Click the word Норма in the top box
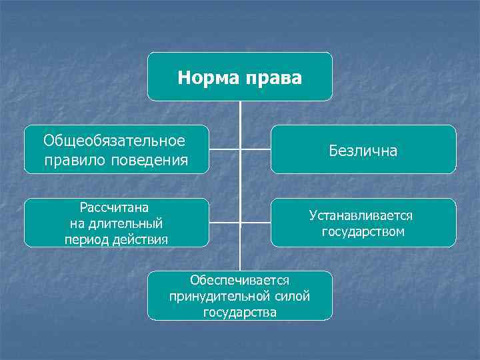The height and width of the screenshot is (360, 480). click(204, 79)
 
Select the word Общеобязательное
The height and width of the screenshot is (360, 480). click(114, 141)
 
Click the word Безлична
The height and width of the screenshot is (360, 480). click(363, 151)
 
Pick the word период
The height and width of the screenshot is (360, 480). click(85, 239)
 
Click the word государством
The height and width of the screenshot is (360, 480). click(363, 232)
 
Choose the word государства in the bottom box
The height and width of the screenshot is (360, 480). click(240, 312)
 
